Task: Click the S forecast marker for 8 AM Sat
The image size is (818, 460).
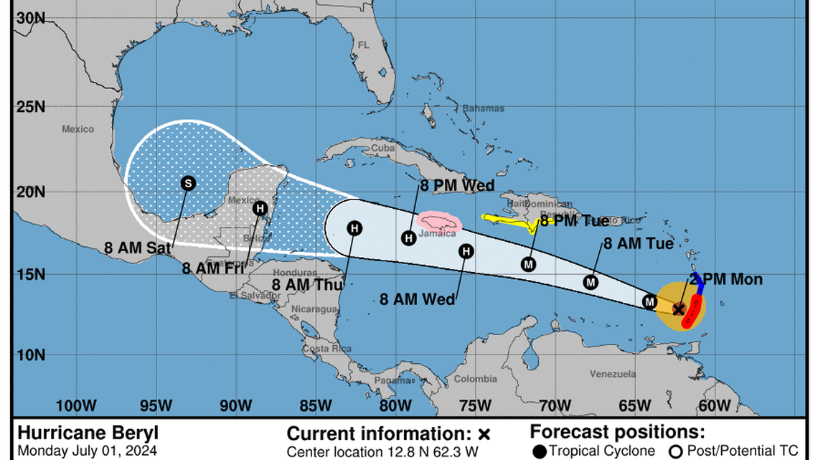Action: click(187, 183)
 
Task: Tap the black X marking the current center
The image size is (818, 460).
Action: click(678, 309)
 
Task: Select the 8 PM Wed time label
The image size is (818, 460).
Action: click(457, 187)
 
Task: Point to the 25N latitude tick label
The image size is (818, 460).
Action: click(30, 108)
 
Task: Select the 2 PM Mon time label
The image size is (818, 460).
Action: click(726, 280)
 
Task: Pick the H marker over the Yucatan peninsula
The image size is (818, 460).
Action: click(261, 208)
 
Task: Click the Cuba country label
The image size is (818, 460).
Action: click(382, 149)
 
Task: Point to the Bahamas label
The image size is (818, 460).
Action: click(483, 109)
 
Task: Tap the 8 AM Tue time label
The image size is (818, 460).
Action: click(638, 244)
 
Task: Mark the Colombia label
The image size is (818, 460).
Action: click(475, 379)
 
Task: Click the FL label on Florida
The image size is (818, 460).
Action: click(363, 44)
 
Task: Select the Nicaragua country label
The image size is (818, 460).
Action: click(314, 309)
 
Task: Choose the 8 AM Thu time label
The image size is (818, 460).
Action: click(308, 283)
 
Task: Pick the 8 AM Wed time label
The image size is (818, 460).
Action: click(417, 299)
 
